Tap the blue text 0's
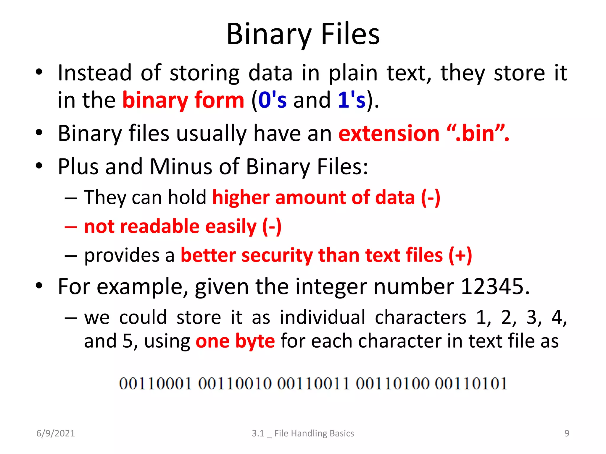coord(272,100)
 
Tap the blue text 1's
coord(352,100)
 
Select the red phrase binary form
coord(183,100)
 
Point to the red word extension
coord(389,133)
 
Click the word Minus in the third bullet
coord(181,166)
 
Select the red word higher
coord(241,197)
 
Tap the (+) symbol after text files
coord(460,255)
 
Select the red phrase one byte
coord(235,341)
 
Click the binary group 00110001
coord(155,384)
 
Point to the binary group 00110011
coord(313,384)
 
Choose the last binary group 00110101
coord(471,384)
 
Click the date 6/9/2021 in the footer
coord(56,433)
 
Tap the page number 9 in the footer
coord(567,433)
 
